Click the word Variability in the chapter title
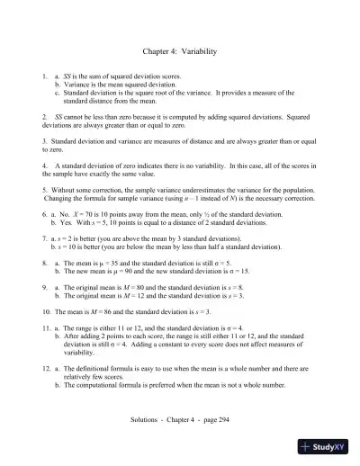[199, 53]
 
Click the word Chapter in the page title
[157, 53]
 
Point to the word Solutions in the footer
[146, 420]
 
